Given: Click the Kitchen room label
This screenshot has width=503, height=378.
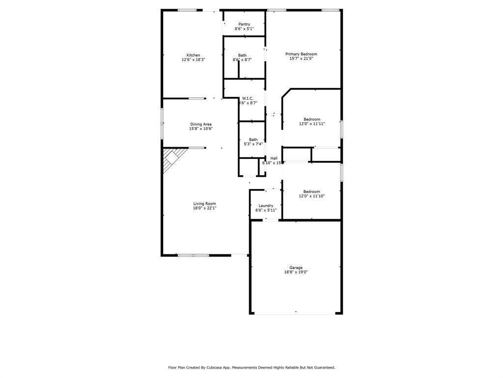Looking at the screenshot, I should point(193,55).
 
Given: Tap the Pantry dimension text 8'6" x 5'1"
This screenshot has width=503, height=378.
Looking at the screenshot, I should point(244,29).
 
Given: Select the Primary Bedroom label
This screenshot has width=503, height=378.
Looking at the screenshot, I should point(301,54).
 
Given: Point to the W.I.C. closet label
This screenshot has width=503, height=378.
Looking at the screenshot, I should point(248,98).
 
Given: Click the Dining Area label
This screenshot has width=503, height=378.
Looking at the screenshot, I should point(201,124).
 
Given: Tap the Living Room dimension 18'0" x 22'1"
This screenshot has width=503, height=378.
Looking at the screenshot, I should point(204,208).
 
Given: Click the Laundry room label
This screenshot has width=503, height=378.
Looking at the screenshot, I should point(266,206).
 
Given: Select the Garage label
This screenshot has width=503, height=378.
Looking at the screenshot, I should point(296,268).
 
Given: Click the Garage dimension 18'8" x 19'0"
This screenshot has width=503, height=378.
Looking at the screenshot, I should point(296,272).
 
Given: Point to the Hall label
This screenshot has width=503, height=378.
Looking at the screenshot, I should point(274,158).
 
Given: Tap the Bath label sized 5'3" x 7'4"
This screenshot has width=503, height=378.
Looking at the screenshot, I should point(253,140).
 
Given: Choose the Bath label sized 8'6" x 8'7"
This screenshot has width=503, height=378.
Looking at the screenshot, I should point(242,55).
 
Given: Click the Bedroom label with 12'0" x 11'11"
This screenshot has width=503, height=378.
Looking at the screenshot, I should point(311,119).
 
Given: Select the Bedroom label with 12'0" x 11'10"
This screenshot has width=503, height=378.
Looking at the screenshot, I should point(311,191).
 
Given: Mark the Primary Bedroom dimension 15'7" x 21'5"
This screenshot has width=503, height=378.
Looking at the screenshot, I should point(301,59).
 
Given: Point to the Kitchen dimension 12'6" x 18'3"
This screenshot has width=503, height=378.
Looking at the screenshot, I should point(193,60).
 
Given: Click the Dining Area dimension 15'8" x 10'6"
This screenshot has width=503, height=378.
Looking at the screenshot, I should point(201,128).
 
